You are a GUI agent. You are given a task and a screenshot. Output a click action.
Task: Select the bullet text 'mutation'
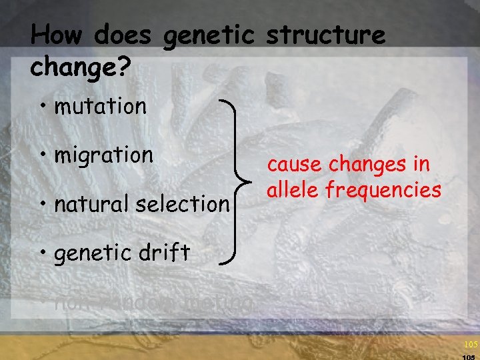[100, 106]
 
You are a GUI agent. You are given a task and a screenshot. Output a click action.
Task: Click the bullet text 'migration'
[103, 156]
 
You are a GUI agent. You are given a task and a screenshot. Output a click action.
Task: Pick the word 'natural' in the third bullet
[94, 203]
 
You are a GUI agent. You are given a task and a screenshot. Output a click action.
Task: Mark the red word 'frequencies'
[383, 191]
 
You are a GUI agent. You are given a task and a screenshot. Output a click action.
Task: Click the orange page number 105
[470, 344]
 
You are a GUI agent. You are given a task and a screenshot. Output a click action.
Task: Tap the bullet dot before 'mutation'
[44, 107]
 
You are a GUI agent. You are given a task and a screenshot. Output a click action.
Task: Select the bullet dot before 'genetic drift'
[44, 253]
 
